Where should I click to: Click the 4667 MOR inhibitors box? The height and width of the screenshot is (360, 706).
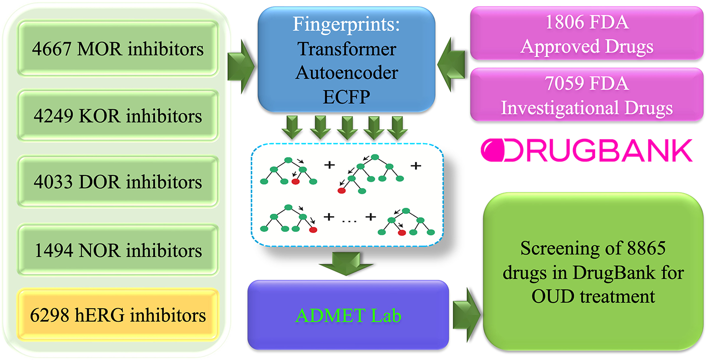tap(119, 49)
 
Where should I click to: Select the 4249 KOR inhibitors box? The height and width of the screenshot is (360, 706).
tap(119, 116)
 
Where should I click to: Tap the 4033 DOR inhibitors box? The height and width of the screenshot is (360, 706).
tap(119, 182)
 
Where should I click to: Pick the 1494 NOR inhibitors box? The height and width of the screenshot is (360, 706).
tap(119, 251)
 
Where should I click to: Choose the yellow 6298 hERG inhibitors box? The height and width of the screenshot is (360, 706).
tap(119, 315)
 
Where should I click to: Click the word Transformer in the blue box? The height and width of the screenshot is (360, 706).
tap(346, 49)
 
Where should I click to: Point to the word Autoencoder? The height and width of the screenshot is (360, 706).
tap(346, 73)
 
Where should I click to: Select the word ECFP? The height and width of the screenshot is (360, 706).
tap(346, 97)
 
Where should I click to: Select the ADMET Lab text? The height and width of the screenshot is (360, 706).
tap(348, 315)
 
